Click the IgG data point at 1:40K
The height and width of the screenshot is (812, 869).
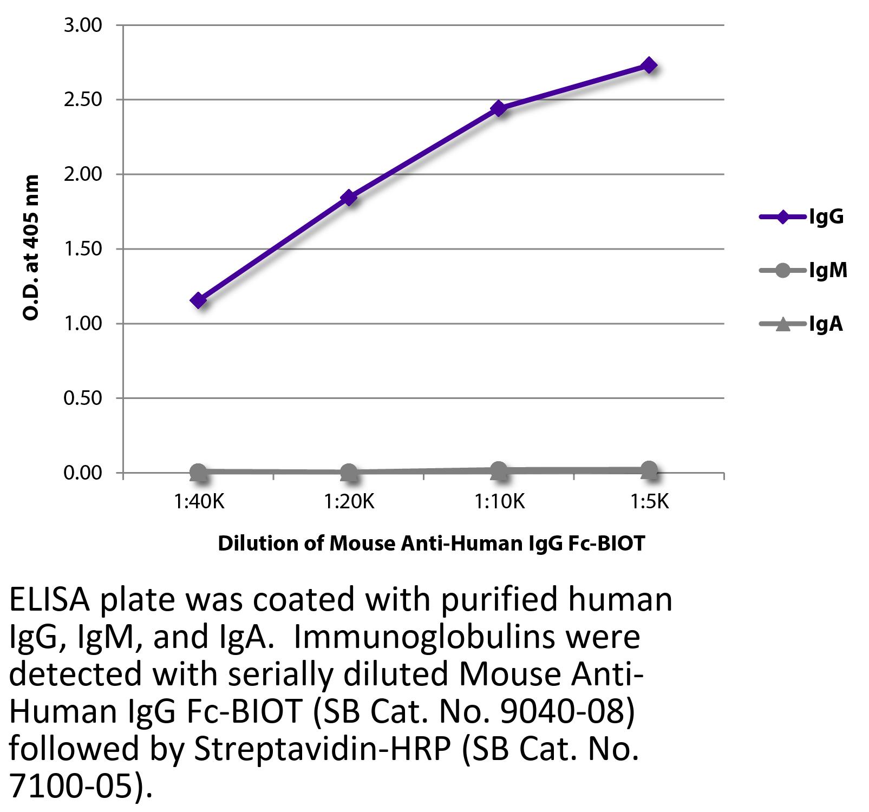pyautogui.click(x=198, y=300)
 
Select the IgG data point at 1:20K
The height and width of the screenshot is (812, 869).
pyautogui.click(x=349, y=198)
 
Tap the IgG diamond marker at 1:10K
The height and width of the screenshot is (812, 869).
pyautogui.click(x=499, y=108)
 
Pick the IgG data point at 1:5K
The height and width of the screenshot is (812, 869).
pyautogui.click(x=649, y=66)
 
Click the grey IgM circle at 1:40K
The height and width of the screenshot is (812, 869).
pyautogui.click(x=198, y=472)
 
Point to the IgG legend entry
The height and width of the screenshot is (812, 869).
pyautogui.click(x=801, y=217)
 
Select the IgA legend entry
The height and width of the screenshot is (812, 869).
pyautogui.click(x=801, y=324)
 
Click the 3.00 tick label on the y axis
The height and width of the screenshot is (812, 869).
pyautogui.click(x=83, y=25)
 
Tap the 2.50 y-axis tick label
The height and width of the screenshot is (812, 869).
pyautogui.click(x=83, y=100)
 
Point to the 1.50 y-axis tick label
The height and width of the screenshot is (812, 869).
pyautogui.click(x=83, y=249)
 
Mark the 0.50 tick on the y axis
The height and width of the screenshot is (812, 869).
pyautogui.click(x=83, y=398)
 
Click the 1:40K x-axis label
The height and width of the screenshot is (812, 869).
pyautogui.click(x=199, y=502)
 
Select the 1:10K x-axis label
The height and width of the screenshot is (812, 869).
pyautogui.click(x=499, y=502)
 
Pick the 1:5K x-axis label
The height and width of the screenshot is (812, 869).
pyautogui.click(x=650, y=502)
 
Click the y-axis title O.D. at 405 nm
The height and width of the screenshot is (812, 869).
pyautogui.click(x=31, y=247)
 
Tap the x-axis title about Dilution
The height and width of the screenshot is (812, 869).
pyautogui.click(x=432, y=543)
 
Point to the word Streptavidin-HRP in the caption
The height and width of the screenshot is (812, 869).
pyautogui.click(x=322, y=749)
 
